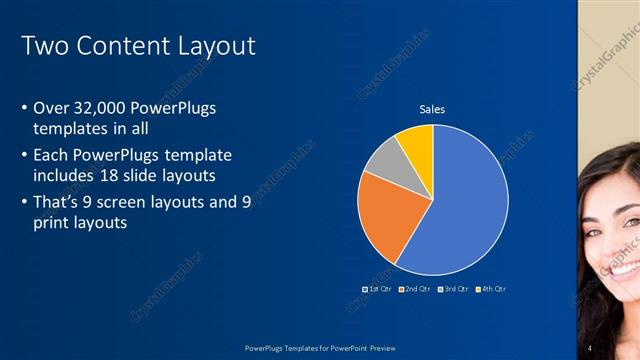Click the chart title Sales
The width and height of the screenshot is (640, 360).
[432, 109]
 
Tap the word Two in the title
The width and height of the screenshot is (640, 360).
[43, 46]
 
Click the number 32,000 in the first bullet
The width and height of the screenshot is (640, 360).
[102, 107]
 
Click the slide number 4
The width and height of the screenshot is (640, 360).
[590, 346]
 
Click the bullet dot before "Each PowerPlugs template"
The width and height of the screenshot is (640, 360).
[25, 156]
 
